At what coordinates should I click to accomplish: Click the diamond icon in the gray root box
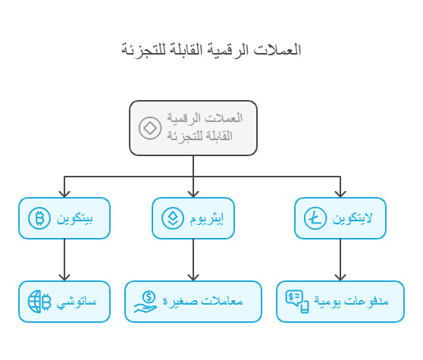click(x=149, y=127)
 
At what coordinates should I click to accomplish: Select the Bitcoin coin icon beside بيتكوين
click(x=38, y=219)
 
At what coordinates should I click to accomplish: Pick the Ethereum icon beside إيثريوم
click(x=173, y=219)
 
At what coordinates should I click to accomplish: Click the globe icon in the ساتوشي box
click(x=38, y=302)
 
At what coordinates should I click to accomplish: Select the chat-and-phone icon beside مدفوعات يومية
click(x=297, y=302)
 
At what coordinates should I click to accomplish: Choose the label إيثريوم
click(x=215, y=219)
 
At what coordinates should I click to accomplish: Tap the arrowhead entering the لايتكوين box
click(x=340, y=194)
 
